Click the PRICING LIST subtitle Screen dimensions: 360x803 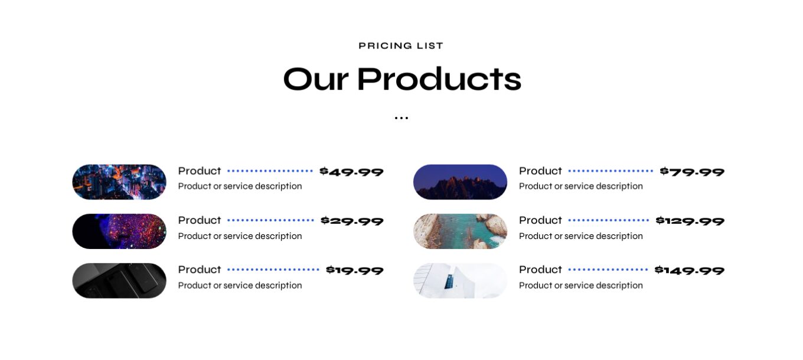pyautogui.click(x=401, y=46)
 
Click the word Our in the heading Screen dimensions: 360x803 pyautogui.click(x=315, y=80)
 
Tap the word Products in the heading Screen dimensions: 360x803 pyautogui.click(x=439, y=80)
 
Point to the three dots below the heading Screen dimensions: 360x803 pyautogui.click(x=401, y=118)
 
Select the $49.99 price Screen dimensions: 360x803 pyautogui.click(x=351, y=172)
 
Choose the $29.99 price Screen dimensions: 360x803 pyautogui.click(x=352, y=221)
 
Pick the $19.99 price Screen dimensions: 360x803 pyautogui.click(x=354, y=270)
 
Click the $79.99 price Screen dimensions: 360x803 pyautogui.click(x=692, y=172)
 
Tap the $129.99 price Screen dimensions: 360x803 pyautogui.click(x=690, y=221)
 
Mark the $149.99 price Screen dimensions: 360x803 pyautogui.click(x=689, y=270)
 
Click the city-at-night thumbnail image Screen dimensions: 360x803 pyautogui.click(x=119, y=182)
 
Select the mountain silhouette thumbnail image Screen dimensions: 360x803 pyautogui.click(x=460, y=182)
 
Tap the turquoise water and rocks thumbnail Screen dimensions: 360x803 pyautogui.click(x=460, y=231)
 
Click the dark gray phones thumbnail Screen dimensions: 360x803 pyautogui.click(x=119, y=280)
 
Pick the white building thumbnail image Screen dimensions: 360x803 pyautogui.click(x=460, y=280)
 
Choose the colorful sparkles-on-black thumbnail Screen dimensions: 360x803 pyautogui.click(x=119, y=231)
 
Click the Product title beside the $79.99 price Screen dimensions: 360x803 pyautogui.click(x=540, y=171)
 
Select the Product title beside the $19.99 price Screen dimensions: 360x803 pyautogui.click(x=200, y=270)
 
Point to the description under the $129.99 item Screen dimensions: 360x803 pyautogui.click(x=580, y=236)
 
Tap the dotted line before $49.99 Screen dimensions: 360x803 pyautogui.click(x=270, y=171)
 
